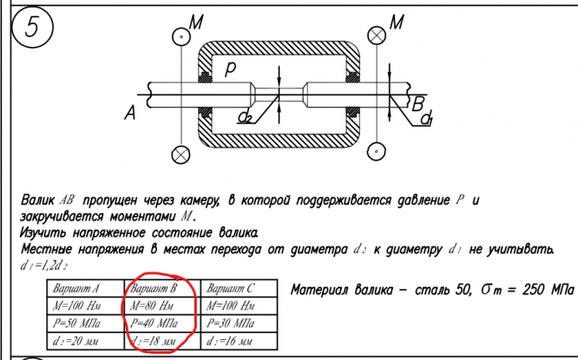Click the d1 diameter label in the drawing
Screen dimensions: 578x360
(427, 121)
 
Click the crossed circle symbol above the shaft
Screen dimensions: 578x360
(378, 36)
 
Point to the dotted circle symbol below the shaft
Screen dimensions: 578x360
(378, 153)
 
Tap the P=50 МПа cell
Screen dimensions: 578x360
(75, 324)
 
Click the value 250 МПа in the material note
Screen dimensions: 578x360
(542, 288)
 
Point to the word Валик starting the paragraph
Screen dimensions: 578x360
(37, 200)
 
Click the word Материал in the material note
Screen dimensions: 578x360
(320, 289)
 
